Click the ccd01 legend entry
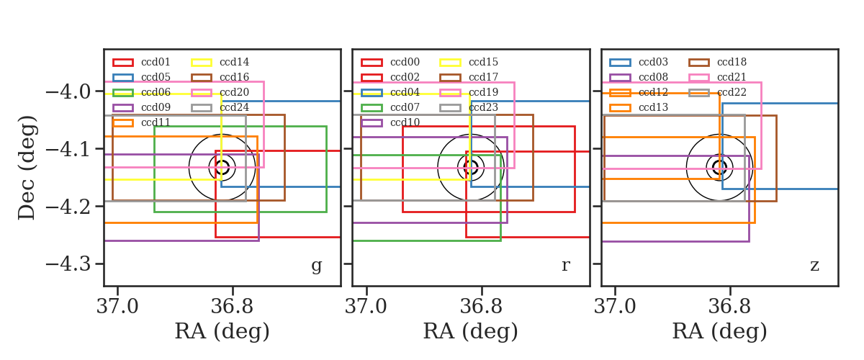[x=142, y=62]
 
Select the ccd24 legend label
[x=235, y=107]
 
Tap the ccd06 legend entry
[x=142, y=92]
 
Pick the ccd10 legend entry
[x=390, y=122]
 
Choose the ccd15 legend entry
[x=469, y=62]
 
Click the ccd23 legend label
[x=484, y=107]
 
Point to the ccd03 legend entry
[x=639, y=62]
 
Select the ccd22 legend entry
[x=718, y=92]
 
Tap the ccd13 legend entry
[x=639, y=107]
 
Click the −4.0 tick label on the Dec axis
[x=68, y=92]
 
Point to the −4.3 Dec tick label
[x=68, y=264]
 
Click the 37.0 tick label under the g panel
[x=117, y=307]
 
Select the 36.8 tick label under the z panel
[x=730, y=307]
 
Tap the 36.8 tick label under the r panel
[x=482, y=307]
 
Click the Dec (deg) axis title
[x=27, y=168]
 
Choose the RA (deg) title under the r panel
[x=471, y=331]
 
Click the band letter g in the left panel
[x=316, y=266]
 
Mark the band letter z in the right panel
[x=814, y=266]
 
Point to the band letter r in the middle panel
[x=566, y=266]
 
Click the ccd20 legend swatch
[x=202, y=93]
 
